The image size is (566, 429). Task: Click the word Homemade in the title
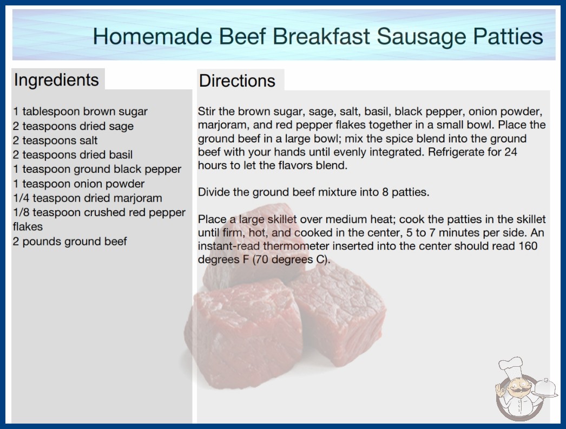[153, 36]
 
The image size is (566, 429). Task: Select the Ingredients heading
[56, 80]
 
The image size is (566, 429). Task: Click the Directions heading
[237, 81]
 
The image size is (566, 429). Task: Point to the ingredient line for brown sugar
[80, 112]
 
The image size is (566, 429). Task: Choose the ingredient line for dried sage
[73, 126]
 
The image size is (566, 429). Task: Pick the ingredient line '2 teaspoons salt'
[55, 140]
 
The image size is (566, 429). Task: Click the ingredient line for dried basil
[73, 155]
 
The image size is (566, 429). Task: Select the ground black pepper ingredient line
[97, 169]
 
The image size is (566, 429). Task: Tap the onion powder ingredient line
[78, 184]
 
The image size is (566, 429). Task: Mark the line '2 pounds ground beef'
[70, 242]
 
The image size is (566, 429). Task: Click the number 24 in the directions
[511, 152]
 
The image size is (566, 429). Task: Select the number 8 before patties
[385, 192]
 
